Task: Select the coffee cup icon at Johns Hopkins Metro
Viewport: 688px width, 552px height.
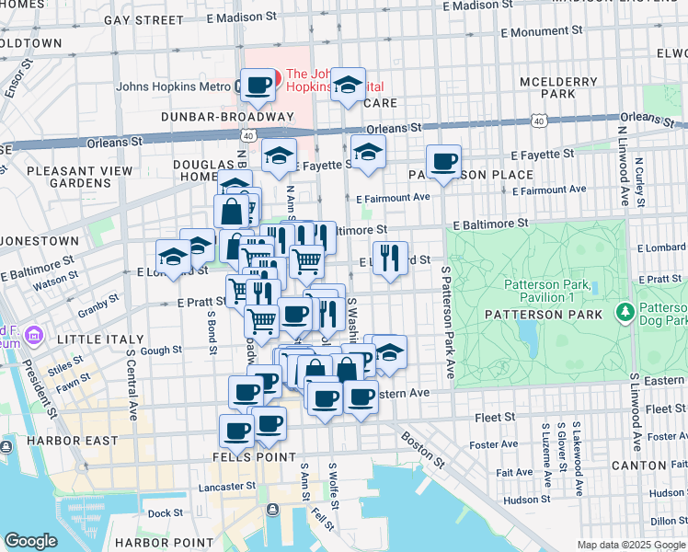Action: (x=258, y=86)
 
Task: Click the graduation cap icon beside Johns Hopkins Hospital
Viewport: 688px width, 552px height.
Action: (x=349, y=86)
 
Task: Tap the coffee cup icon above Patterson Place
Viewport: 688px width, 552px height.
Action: (x=443, y=161)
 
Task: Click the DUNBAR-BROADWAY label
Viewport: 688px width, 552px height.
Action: (x=226, y=117)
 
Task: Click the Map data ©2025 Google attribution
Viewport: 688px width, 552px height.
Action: (x=630, y=544)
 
